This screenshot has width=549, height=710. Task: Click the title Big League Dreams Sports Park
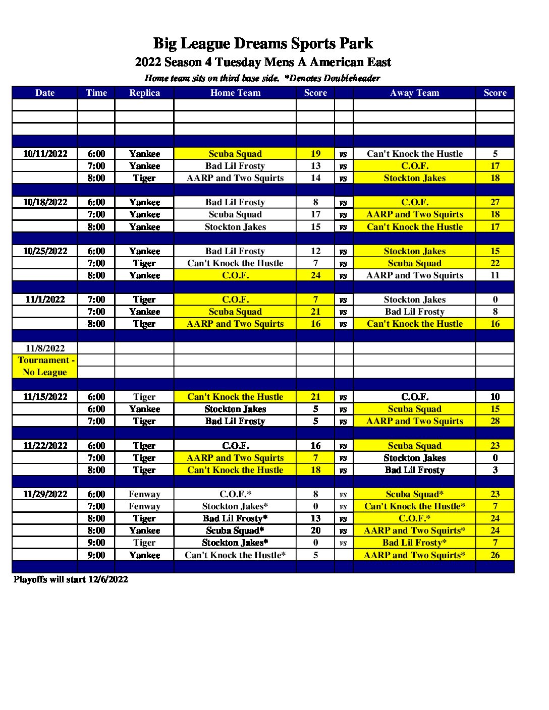tap(263, 44)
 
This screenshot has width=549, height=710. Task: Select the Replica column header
tap(144, 93)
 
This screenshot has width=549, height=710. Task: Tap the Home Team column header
tap(235, 93)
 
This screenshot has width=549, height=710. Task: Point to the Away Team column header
tap(414, 93)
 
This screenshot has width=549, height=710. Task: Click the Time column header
tap(96, 93)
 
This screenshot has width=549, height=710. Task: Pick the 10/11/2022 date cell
tap(45, 154)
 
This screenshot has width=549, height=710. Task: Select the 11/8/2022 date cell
tap(45, 348)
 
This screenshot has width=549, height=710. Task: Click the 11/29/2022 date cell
tap(45, 494)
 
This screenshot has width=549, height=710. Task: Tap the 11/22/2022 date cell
tap(45, 446)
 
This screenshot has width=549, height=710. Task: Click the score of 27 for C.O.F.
tap(495, 202)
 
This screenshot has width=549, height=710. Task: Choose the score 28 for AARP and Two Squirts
tap(495, 421)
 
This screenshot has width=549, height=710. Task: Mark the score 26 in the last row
tap(495, 555)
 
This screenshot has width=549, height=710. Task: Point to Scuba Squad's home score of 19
tap(315, 154)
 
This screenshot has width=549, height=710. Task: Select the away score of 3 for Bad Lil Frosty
tap(495, 470)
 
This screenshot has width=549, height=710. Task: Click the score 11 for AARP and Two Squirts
tap(495, 275)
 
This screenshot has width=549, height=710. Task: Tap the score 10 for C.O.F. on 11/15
tap(495, 397)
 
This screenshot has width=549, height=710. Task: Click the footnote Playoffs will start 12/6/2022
tap(71, 579)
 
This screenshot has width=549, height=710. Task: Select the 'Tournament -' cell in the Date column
tap(45, 360)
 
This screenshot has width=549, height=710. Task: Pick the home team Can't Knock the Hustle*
tap(235, 555)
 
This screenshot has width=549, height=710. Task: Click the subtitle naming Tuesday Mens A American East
tap(263, 63)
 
